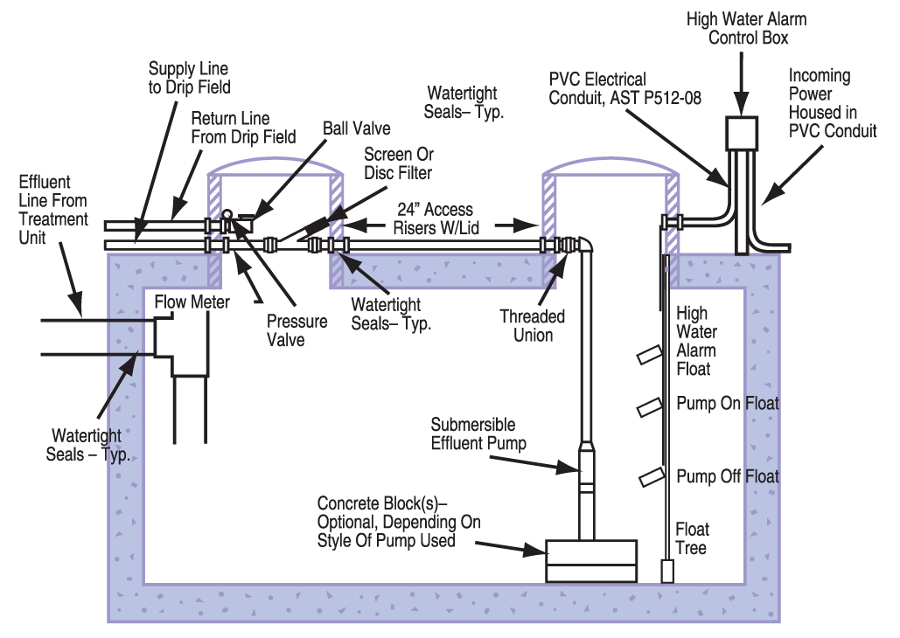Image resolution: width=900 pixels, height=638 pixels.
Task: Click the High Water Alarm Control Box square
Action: [x=742, y=133]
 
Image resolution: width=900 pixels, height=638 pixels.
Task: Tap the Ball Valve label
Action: [x=357, y=128]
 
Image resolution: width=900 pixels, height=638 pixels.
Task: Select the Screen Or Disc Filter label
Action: [x=398, y=163]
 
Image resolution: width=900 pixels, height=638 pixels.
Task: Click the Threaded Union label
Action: [x=532, y=326]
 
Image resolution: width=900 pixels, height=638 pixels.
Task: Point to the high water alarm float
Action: [x=649, y=355]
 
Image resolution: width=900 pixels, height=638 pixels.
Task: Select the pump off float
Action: [x=651, y=477]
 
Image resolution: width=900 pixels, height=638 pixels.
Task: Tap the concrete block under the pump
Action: [x=590, y=561]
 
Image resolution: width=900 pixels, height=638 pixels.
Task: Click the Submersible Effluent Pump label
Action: [x=478, y=433]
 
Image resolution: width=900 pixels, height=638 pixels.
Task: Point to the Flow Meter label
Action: [x=192, y=302]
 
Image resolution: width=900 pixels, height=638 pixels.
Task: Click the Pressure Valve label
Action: [x=297, y=330]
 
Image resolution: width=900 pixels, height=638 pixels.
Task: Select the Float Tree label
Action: [x=692, y=538]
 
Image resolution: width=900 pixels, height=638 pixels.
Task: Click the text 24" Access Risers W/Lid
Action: [x=436, y=218]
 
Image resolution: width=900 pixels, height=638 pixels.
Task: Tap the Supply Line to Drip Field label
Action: [x=189, y=78]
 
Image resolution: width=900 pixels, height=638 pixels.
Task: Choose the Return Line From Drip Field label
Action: [x=243, y=128]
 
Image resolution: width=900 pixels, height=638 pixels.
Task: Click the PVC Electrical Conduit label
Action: [x=625, y=88]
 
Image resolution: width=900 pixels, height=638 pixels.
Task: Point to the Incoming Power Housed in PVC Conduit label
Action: [x=833, y=103]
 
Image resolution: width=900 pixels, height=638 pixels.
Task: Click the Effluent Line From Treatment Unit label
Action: [x=52, y=210]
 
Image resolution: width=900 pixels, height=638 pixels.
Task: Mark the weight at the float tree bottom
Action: [x=667, y=572]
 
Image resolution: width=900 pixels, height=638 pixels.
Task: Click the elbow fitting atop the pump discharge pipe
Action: [x=585, y=245]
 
